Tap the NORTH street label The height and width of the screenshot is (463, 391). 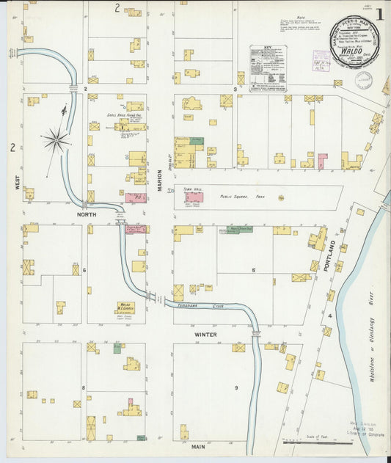[x=87, y=215]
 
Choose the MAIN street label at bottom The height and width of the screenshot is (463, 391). [x=198, y=446]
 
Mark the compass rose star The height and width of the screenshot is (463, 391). [x=56, y=138]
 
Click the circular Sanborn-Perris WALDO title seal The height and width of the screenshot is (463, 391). [x=355, y=43]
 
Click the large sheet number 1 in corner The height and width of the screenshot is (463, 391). [x=379, y=12]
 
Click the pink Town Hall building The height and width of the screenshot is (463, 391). [x=194, y=197]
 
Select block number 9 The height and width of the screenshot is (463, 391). [x=236, y=387]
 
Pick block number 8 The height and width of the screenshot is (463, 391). [x=84, y=387]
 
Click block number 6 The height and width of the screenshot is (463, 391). [x=84, y=270]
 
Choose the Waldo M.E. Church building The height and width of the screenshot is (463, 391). [x=125, y=307]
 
